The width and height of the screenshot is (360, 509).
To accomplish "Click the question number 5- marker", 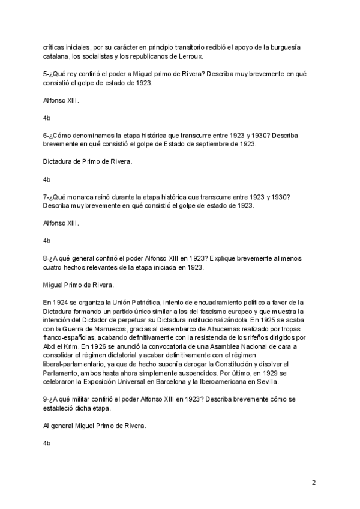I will point(47,73).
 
